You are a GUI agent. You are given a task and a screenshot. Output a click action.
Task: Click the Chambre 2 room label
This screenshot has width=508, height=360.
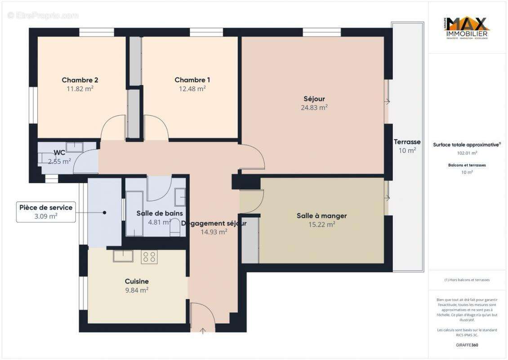click(x=80, y=80)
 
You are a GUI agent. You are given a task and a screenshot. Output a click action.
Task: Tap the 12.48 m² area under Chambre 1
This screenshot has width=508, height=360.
click(x=192, y=89)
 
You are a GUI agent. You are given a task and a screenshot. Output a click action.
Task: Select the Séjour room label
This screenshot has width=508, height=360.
click(x=314, y=99)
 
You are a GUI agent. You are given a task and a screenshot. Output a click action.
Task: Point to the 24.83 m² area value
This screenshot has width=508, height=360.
click(x=314, y=108)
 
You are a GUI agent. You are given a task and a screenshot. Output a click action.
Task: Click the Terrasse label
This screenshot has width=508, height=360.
click(x=407, y=142)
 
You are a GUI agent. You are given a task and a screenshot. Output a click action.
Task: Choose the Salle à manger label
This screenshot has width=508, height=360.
click(x=321, y=216)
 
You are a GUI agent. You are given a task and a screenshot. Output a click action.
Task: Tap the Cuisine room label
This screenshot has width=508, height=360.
click(x=137, y=281)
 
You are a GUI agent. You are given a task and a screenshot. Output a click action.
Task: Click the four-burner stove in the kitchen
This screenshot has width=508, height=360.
click(x=149, y=257)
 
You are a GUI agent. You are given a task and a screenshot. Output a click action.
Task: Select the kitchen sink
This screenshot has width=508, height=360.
click(x=122, y=256)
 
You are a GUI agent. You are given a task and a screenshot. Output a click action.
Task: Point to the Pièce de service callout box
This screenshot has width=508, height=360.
click(x=45, y=211)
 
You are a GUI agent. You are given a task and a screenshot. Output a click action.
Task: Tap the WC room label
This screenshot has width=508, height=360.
click(x=59, y=153)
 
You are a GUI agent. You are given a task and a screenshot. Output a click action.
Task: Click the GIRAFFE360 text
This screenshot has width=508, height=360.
click(x=467, y=345)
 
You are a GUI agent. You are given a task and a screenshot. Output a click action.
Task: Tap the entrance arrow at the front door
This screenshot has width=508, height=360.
click(x=203, y=331)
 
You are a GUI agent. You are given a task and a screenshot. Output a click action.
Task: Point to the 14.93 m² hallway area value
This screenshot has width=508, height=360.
click(x=214, y=232)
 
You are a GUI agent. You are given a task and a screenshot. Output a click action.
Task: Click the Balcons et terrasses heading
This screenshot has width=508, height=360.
click(x=467, y=165)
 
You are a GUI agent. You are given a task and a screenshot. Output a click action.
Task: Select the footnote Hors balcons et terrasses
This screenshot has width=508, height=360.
click(x=467, y=280)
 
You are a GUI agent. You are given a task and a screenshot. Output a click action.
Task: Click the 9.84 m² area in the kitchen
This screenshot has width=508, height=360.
click(x=137, y=290)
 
